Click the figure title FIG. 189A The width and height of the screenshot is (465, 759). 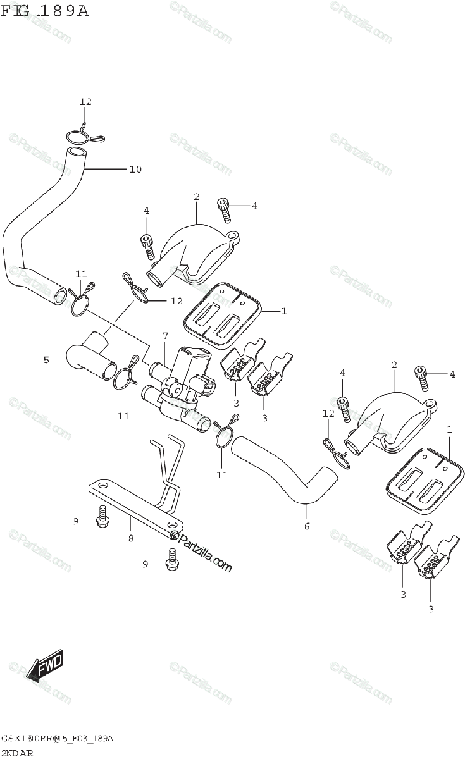click(44, 11)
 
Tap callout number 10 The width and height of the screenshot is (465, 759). click(135, 169)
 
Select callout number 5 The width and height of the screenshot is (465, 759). click(46, 360)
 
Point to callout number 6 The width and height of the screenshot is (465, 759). click(307, 526)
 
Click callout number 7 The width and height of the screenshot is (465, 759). click(164, 335)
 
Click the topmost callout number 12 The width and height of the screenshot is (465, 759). click(85, 102)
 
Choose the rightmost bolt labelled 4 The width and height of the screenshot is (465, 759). click(421, 377)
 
